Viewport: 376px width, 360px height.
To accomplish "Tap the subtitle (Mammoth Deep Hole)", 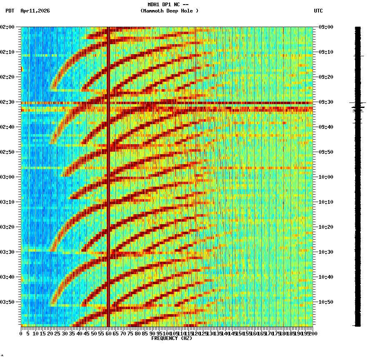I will pyautogui.click(x=169, y=11).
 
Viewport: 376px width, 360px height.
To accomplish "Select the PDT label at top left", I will pyautogui.click(x=10, y=11).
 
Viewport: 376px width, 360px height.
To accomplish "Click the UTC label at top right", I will pyautogui.click(x=318, y=11).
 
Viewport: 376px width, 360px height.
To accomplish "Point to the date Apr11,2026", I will pyautogui.click(x=35, y=11).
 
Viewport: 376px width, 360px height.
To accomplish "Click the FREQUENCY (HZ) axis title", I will pyautogui.click(x=171, y=338).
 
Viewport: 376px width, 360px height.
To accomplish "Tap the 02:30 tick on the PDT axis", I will pyautogui.click(x=8, y=102).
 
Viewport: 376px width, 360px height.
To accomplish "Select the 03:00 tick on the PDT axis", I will pyautogui.click(x=8, y=177).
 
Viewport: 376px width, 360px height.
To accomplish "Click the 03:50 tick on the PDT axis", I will pyautogui.click(x=8, y=302).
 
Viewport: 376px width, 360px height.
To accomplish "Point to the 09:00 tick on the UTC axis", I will pyautogui.click(x=326, y=27).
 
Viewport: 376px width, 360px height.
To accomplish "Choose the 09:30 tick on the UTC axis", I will pyautogui.click(x=326, y=102).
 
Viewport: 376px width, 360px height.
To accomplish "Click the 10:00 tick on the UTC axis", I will pyautogui.click(x=326, y=177).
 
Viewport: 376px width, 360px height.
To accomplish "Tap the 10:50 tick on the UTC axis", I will pyautogui.click(x=326, y=302).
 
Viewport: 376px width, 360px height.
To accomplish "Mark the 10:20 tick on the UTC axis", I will pyautogui.click(x=326, y=227).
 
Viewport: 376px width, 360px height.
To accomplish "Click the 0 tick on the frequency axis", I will pyautogui.click(x=21, y=334).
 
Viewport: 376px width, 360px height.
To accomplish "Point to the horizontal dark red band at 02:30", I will pyautogui.click(x=167, y=102).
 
